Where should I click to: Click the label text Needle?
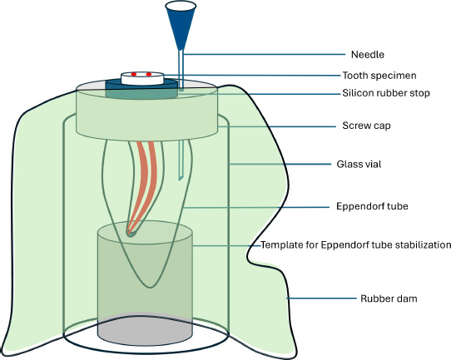368,54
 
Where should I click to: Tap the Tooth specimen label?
379,76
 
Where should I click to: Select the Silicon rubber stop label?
386,93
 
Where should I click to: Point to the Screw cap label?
366,126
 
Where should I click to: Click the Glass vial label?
359,164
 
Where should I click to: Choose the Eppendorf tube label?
372,206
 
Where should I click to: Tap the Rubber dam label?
389,298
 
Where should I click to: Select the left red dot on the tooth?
134,75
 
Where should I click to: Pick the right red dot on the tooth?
149,75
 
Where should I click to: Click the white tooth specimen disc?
142,78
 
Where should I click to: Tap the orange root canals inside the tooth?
144,184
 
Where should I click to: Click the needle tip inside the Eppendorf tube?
181,179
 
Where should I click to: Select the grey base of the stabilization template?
146,330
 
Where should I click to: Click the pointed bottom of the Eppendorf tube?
150,286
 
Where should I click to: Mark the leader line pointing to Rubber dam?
321,298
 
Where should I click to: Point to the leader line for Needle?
265,54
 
